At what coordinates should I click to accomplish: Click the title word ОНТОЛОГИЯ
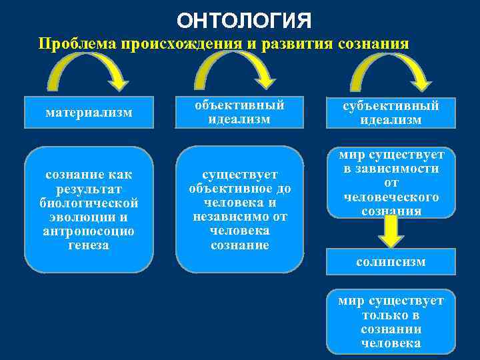pos(243,20)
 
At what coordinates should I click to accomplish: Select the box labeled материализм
pos(89,113)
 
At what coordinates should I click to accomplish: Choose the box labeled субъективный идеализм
pos(390,113)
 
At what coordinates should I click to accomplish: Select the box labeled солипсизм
pos(391,262)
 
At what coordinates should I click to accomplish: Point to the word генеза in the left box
pos(89,245)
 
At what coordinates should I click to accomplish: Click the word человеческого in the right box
pos(391,197)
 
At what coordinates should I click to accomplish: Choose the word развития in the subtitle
pos(285,45)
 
